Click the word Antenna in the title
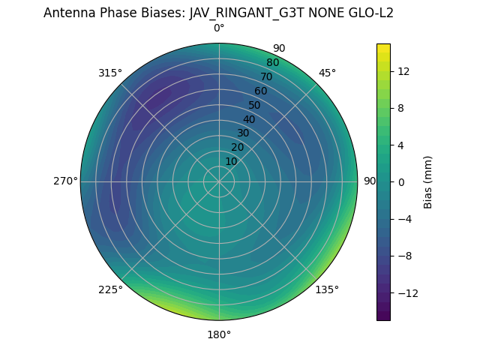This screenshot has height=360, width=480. click(x=67, y=13)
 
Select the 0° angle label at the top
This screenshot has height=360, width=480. click(x=219, y=28)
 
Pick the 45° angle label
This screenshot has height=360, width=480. click(x=327, y=73)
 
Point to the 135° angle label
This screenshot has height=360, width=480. click(x=327, y=289)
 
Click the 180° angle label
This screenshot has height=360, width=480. click(x=219, y=334)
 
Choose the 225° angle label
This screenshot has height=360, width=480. click(x=110, y=289)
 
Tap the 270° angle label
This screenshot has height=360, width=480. click(x=65, y=181)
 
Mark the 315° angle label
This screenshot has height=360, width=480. click(x=110, y=73)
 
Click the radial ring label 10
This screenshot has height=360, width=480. click(x=231, y=161)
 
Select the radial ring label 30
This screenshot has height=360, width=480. click(x=243, y=133)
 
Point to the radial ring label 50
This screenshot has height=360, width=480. click(x=255, y=105)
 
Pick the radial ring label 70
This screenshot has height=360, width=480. click(x=267, y=76)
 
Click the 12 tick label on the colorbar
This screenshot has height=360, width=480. click(x=403, y=71)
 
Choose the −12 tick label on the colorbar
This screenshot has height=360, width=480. click(x=406, y=292)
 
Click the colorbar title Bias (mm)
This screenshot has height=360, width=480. click(x=428, y=181)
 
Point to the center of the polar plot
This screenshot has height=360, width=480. click(x=219, y=181)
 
